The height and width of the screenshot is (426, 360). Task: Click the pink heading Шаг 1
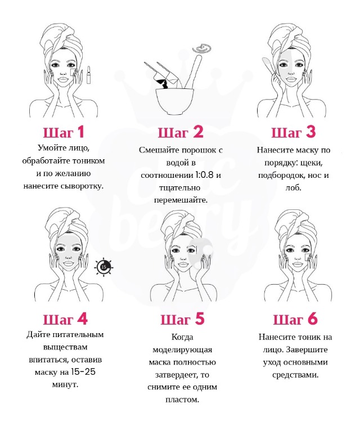coord(64,132)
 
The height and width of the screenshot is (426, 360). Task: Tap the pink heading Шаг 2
coord(181,132)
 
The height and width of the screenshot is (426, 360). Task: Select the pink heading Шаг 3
coord(294,132)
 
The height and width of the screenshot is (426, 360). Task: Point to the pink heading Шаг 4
coord(65,319)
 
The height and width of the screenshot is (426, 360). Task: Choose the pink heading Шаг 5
coord(182,319)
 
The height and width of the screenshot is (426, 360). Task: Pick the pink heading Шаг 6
coord(295,319)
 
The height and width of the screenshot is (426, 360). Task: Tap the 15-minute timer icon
coord(103,267)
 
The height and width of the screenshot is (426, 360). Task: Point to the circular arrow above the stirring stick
coord(202,49)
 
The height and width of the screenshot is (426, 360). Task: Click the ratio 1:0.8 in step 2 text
coord(204,174)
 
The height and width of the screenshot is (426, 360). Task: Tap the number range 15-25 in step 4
coord(83,371)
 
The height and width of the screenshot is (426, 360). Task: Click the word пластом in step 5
coord(182,400)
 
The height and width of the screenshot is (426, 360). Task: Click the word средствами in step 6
coord(295,375)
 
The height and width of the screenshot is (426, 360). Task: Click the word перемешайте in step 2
coord(181,200)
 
